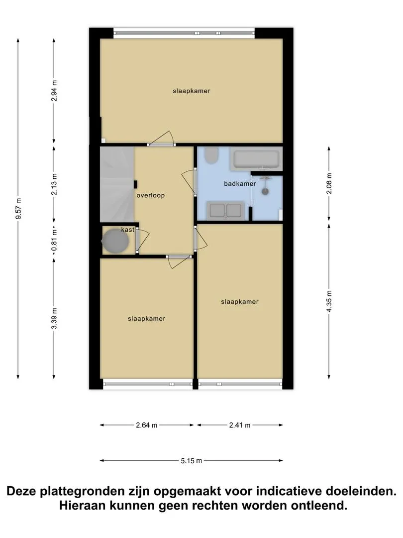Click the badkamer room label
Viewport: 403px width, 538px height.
point(240,183)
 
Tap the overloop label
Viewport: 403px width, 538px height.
point(150,195)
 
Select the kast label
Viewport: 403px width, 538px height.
point(127,230)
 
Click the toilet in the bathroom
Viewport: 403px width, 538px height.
point(211,155)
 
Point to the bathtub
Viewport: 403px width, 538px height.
point(256,159)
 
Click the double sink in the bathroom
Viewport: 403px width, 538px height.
point(225,210)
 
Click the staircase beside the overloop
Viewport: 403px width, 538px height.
point(117,185)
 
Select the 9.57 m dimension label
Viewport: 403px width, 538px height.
point(19,209)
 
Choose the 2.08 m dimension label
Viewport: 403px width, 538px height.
point(329,183)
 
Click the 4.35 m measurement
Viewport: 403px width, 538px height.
point(329,301)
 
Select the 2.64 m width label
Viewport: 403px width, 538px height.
point(147,425)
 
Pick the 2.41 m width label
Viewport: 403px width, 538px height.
point(240,425)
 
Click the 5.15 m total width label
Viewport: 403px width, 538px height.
point(192,460)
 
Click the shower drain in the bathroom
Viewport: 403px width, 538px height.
point(265,191)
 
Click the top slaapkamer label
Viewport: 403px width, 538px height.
point(191,91)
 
